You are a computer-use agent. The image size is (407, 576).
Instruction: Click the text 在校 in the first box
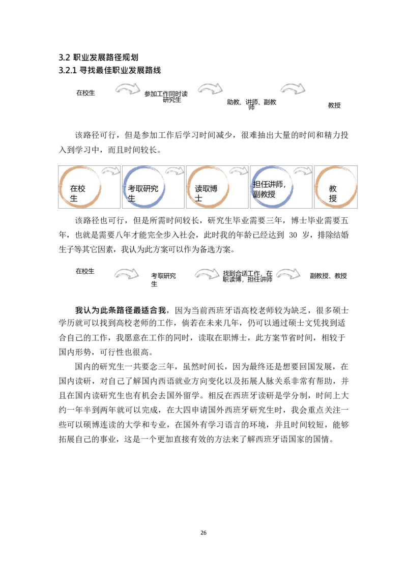click(78, 189)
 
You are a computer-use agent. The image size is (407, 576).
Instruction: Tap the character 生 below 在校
click(74, 198)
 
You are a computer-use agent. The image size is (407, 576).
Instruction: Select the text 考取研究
click(143, 189)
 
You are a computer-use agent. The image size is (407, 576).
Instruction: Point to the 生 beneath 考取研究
click(132, 198)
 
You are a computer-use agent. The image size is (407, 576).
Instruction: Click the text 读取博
click(206, 189)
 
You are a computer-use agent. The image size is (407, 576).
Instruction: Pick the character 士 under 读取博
click(198, 198)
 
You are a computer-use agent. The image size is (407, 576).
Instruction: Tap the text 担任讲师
click(269, 185)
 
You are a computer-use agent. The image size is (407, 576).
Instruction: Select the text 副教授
click(264, 194)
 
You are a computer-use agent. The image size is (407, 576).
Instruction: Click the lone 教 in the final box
click(333, 189)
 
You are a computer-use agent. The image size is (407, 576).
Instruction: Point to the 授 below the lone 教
click(333, 198)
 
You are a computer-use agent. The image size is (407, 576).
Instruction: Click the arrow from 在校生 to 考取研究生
click(110, 171)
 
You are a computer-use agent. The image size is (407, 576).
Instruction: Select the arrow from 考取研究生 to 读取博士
click(175, 171)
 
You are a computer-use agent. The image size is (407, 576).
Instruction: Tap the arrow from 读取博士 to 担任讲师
click(239, 171)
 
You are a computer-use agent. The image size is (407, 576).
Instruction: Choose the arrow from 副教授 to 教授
click(303, 171)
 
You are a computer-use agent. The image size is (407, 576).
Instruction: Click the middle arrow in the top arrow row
click(210, 89)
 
